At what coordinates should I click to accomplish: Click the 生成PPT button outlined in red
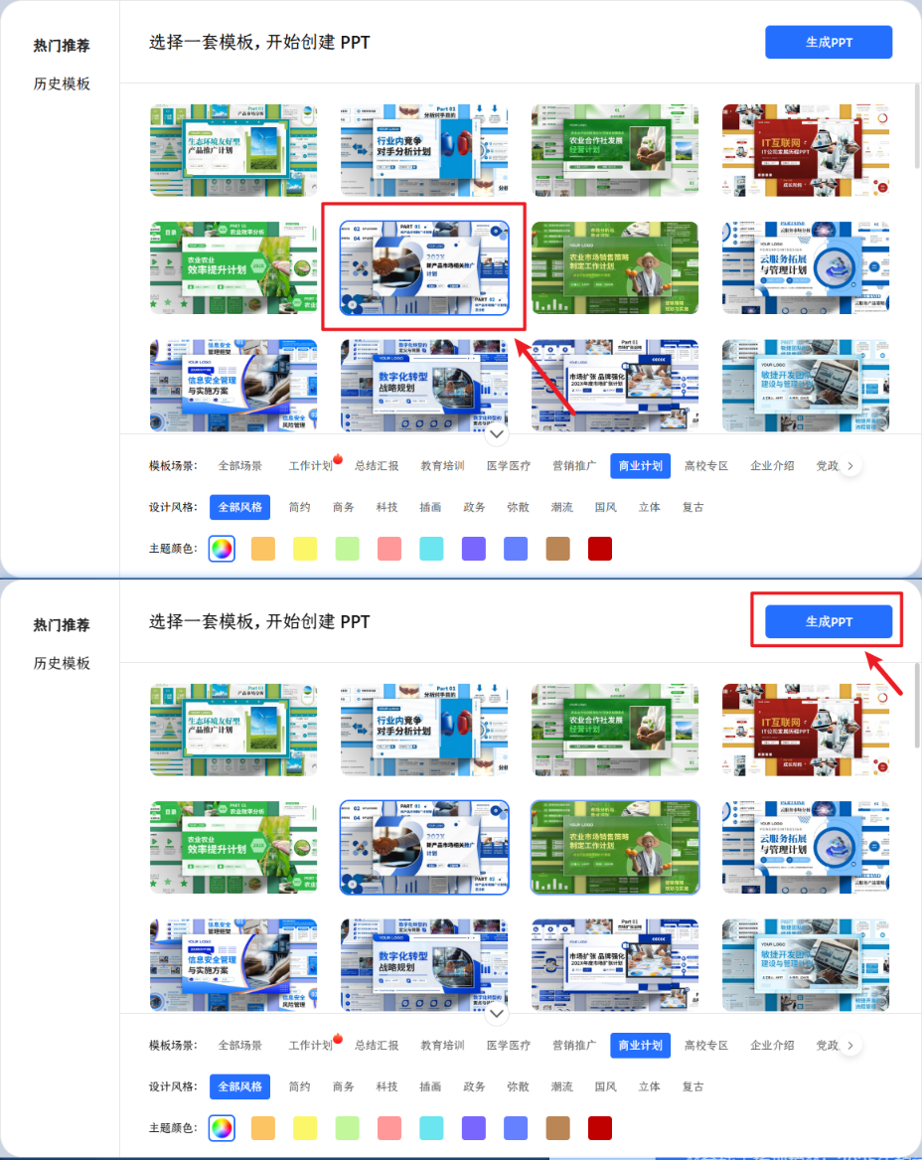click(829, 621)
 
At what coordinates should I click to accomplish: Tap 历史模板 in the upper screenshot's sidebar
click(62, 83)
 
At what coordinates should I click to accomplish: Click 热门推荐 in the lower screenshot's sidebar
click(62, 625)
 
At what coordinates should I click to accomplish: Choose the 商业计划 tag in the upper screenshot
click(640, 465)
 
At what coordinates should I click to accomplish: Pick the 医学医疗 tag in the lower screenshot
click(509, 1045)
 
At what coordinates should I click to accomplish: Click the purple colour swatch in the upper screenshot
click(474, 549)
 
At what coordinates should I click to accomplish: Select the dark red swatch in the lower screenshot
click(600, 1128)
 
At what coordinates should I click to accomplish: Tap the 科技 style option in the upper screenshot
click(386, 507)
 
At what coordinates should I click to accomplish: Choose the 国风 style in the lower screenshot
click(605, 1086)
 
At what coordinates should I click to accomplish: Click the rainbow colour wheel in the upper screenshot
click(222, 549)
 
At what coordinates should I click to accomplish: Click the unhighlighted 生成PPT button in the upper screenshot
click(829, 42)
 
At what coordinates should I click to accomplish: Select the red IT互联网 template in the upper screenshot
click(806, 149)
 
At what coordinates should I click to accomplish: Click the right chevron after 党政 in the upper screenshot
click(850, 465)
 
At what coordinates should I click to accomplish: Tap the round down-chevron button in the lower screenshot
click(498, 1013)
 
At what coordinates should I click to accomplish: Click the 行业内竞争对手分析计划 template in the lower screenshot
click(424, 730)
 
